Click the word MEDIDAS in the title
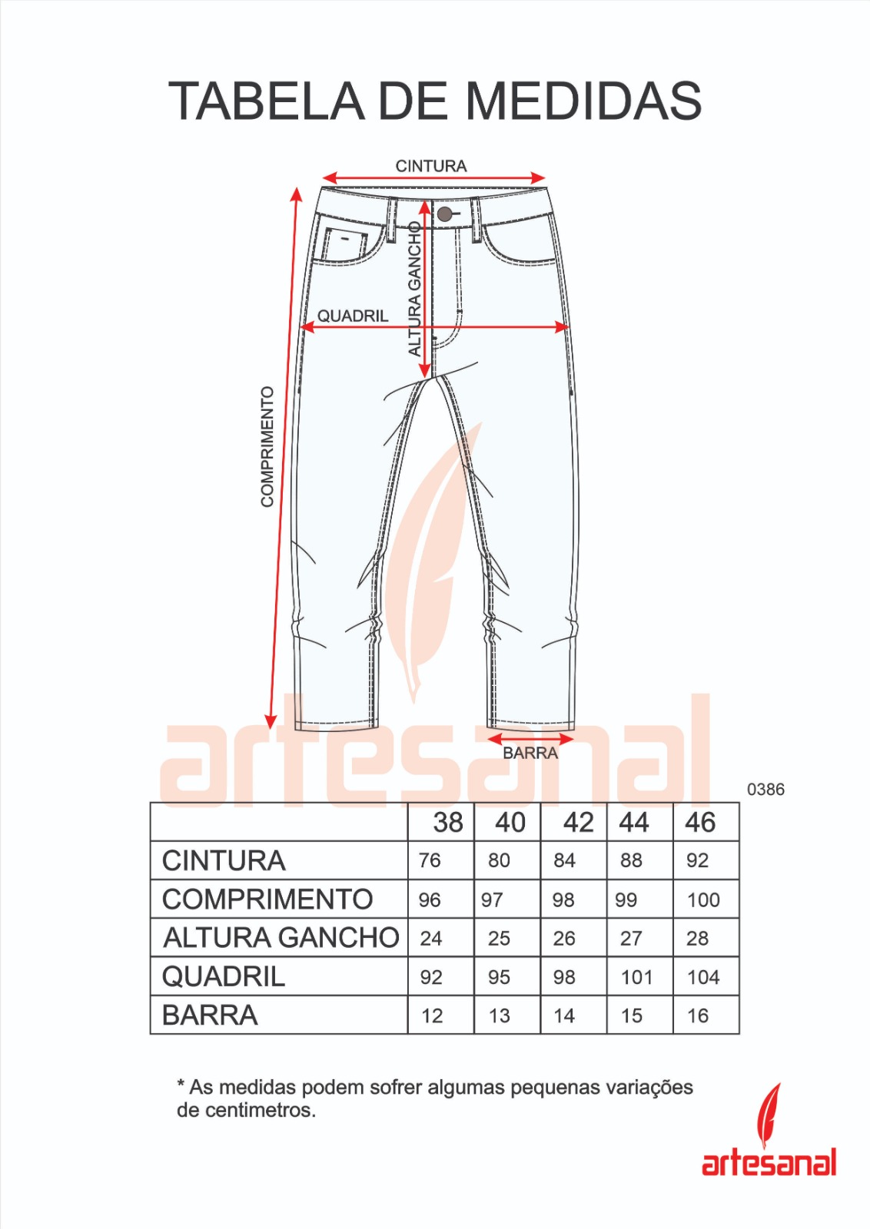click(583, 101)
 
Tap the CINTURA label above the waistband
click(430, 166)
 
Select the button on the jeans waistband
click(444, 214)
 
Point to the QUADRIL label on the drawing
click(353, 316)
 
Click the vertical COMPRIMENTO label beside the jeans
click(267, 446)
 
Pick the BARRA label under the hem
click(530, 754)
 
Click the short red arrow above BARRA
click(530, 739)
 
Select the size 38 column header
click(447, 823)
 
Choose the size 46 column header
click(700, 823)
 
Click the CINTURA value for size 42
click(564, 860)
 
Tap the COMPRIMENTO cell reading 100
click(703, 899)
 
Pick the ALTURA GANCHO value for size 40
click(499, 938)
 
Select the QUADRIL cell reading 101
click(636, 977)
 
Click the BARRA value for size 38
click(432, 1015)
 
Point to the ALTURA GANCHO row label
click(281, 938)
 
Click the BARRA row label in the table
click(210, 1015)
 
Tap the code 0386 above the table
click(765, 790)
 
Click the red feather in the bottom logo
click(769, 1115)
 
